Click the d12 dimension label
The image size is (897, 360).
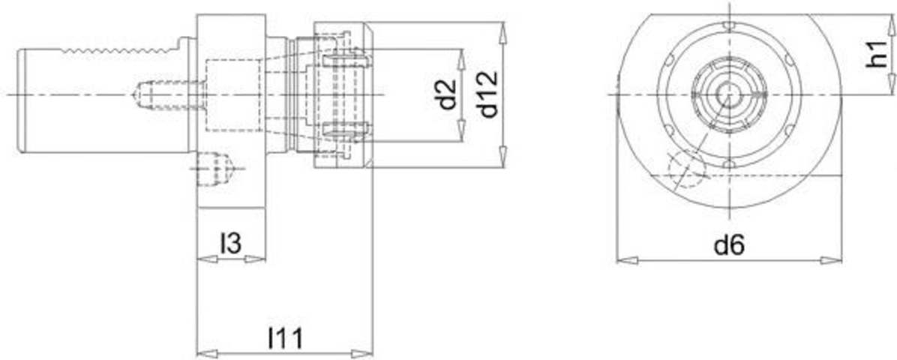point(489,95)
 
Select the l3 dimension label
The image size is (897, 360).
point(230,244)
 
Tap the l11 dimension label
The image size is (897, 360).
point(285,339)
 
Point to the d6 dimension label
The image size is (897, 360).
point(730,245)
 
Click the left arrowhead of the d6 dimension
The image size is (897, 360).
point(627,260)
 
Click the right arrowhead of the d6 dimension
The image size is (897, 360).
point(831,260)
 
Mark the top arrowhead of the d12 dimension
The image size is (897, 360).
point(502,32)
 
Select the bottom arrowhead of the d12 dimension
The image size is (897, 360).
point(502,157)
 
